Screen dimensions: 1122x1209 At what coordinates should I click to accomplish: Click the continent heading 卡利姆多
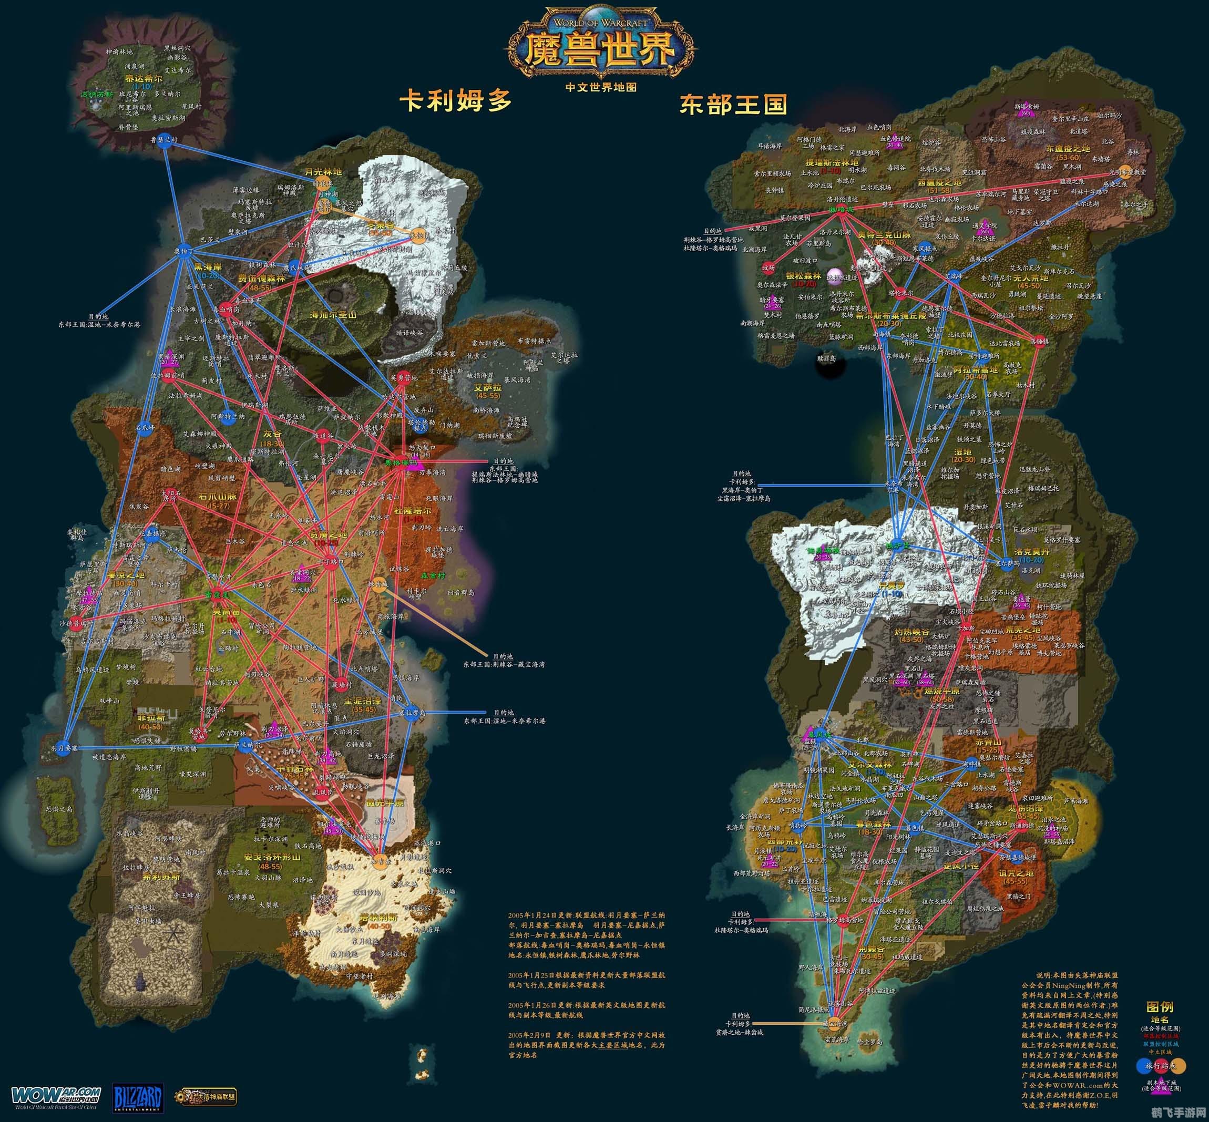click(x=455, y=100)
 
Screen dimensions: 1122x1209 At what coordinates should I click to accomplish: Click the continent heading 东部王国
click(x=733, y=105)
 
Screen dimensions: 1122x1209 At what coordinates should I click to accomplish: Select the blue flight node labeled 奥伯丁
click(x=184, y=255)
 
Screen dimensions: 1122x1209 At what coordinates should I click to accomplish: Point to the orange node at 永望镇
click(x=418, y=235)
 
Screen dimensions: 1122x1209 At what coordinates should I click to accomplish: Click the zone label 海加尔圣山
click(x=334, y=315)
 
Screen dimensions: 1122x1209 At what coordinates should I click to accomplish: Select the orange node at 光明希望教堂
click(x=1124, y=171)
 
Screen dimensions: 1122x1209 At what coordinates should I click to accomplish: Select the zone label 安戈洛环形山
click(x=263, y=858)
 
